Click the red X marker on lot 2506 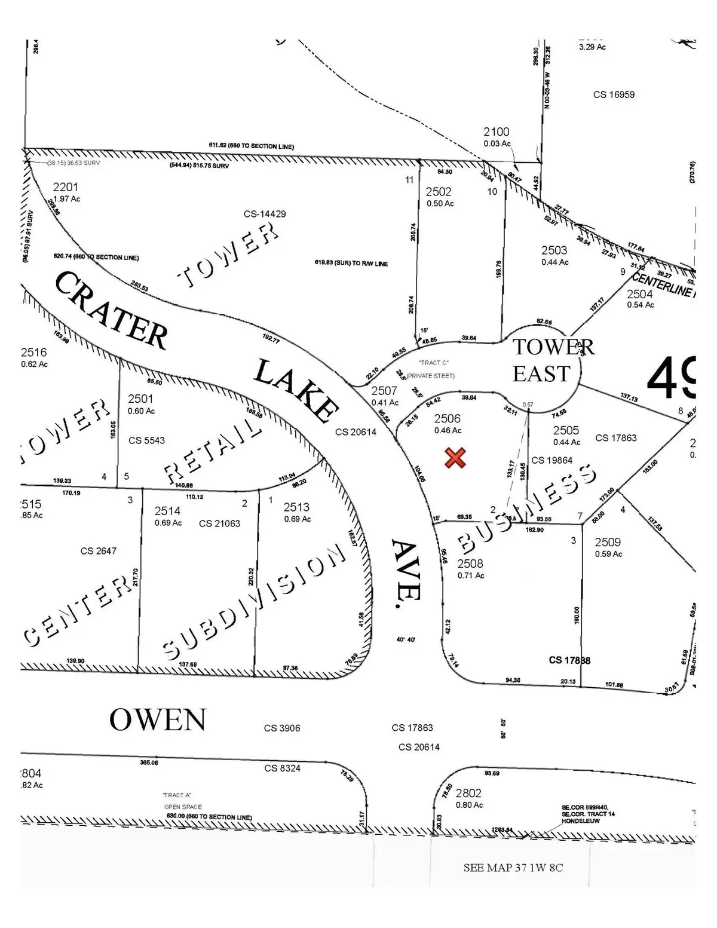pos(455,458)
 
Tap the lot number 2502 pos(439,192)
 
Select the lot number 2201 pos(65,188)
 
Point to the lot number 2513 pos(296,507)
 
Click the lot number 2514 pos(167,511)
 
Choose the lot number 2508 pos(470,563)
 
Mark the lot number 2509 pos(608,542)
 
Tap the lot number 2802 pos(468,793)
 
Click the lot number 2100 pos(497,132)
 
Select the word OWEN pos(158,719)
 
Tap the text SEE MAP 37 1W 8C pos(513,868)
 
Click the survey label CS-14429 pos(265,214)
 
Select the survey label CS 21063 pos(219,523)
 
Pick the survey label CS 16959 pos(614,94)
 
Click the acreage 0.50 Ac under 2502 pos(440,204)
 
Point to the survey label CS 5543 pos(146,440)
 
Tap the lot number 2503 pos(554,250)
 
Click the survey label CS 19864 pos(552,460)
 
